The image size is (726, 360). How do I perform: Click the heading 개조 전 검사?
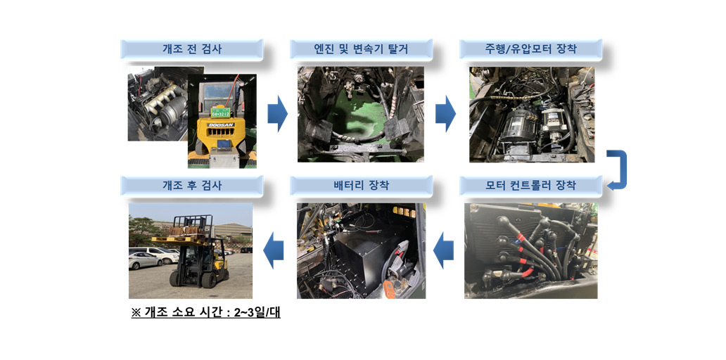coord(191,49)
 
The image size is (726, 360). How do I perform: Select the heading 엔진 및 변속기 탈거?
coord(361,49)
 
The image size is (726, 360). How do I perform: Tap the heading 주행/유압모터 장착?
coord(530,49)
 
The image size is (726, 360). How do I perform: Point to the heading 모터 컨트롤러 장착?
coord(530,186)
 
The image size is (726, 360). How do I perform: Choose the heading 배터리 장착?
coord(361,186)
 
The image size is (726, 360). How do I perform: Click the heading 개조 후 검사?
coord(191,186)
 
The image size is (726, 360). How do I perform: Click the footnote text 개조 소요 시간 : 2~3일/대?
coord(206,312)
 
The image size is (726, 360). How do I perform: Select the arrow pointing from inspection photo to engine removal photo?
coord(277,114)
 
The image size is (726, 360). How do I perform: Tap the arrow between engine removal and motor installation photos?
coord(445,114)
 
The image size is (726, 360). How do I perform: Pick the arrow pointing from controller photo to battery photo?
coord(444,250)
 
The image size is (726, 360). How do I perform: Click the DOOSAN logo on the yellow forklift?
coord(221,125)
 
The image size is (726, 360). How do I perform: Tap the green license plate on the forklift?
coord(220,112)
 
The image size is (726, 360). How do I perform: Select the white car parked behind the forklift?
coord(144,261)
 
